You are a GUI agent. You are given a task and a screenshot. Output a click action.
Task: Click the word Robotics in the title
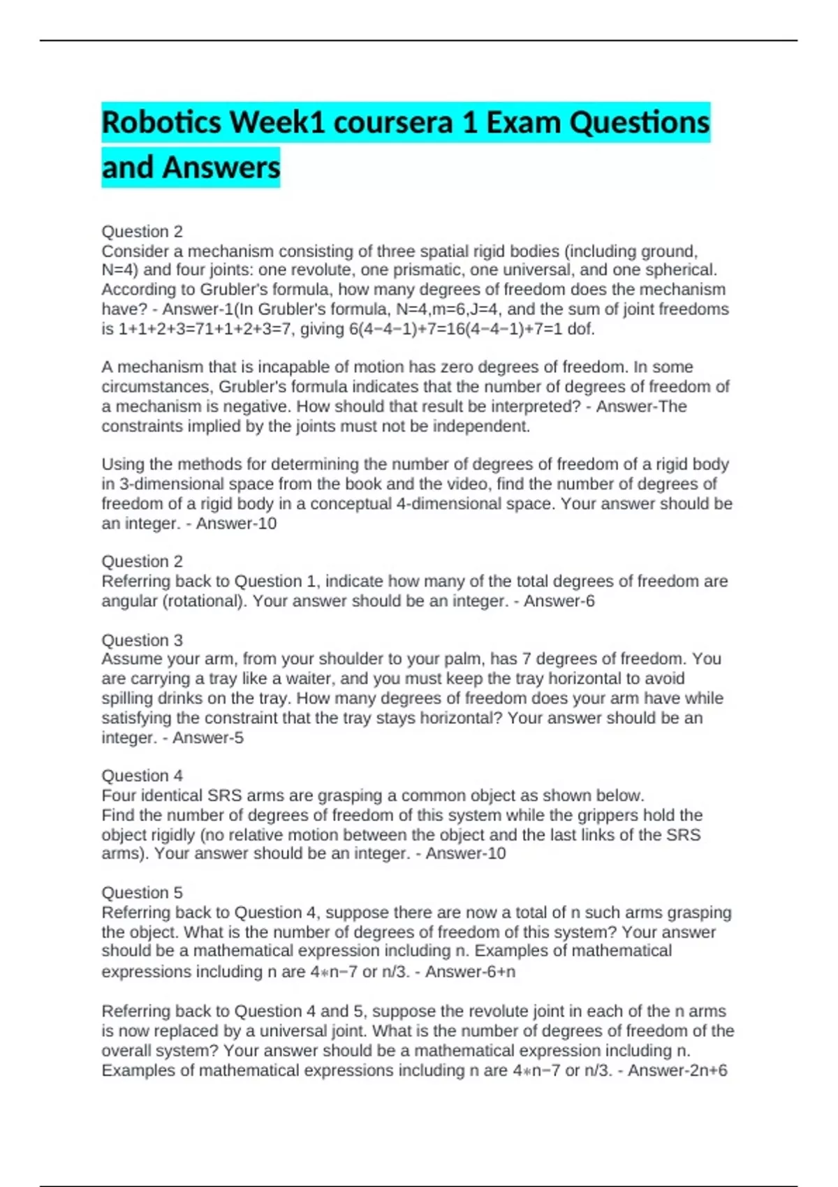(161, 123)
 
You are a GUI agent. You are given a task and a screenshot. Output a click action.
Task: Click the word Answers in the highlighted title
(221, 168)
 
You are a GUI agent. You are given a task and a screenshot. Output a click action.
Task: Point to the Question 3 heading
(142, 640)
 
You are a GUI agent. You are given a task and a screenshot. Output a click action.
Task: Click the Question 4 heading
(142, 775)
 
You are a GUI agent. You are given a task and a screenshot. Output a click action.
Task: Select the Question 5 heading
(142, 892)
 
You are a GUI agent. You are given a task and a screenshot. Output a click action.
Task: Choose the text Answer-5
(208, 737)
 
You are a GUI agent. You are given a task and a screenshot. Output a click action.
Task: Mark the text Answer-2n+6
(677, 1070)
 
